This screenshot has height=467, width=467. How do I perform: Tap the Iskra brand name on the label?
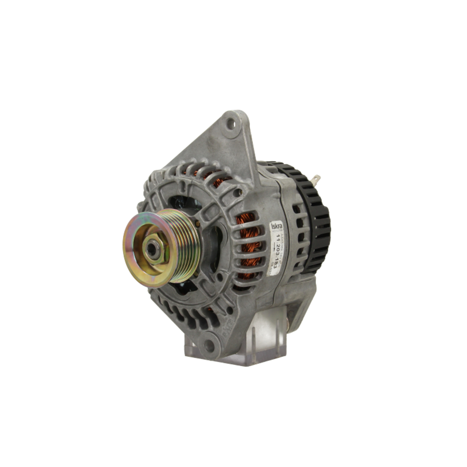(x=276, y=227)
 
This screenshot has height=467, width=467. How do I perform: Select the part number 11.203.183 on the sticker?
(x=280, y=253)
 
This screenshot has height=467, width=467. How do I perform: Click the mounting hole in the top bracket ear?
(x=231, y=124)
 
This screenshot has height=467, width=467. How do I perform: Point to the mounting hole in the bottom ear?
(x=209, y=346)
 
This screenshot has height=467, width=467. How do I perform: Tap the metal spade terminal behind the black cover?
(x=316, y=179)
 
